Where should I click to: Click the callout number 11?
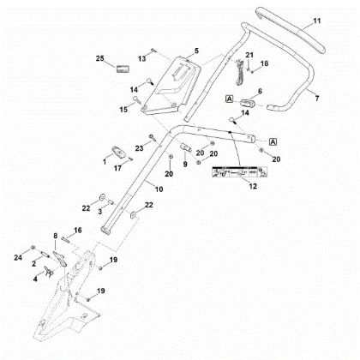(x=317, y=21)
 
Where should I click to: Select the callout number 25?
(x=99, y=58)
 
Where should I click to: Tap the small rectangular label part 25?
(x=123, y=69)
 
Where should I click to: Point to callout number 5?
(x=196, y=51)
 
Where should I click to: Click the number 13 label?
(x=142, y=59)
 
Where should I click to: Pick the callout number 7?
(x=316, y=99)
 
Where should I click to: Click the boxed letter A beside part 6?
(x=230, y=99)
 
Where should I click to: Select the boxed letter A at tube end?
(x=273, y=141)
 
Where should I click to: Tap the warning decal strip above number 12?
(x=239, y=172)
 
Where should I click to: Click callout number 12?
(x=253, y=186)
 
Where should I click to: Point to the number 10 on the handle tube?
(x=159, y=189)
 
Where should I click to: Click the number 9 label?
(x=185, y=164)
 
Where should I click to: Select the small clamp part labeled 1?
(x=119, y=152)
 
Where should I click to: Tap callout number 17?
(x=117, y=168)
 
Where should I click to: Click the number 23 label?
(x=139, y=148)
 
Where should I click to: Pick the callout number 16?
(x=78, y=231)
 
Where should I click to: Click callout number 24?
(x=18, y=258)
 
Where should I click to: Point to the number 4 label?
(x=35, y=279)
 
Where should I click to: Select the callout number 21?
(x=249, y=55)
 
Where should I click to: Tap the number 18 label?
(x=265, y=63)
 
